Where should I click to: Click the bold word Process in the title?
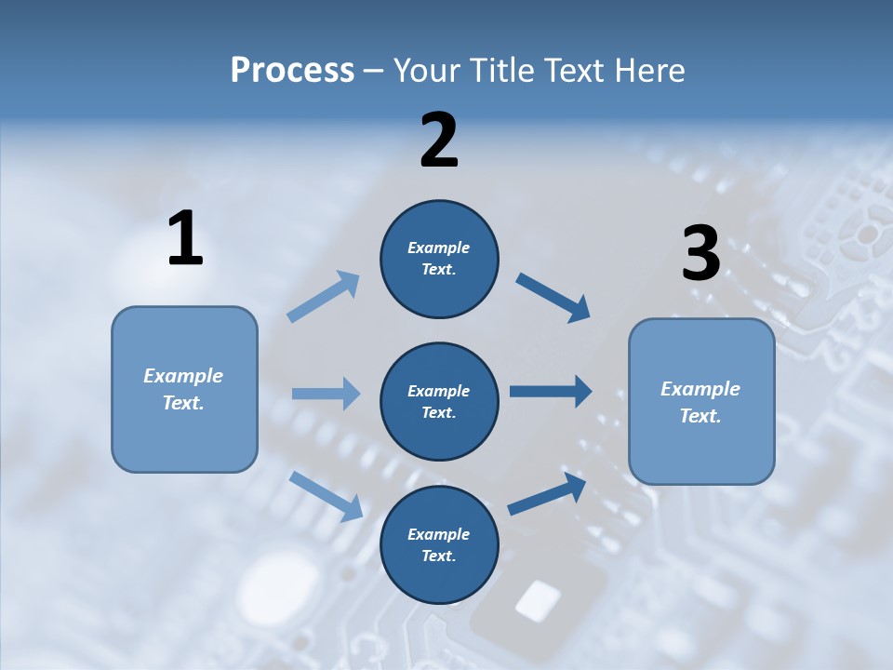[x=292, y=71]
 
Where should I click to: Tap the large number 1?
[x=185, y=238]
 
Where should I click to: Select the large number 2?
[x=439, y=140]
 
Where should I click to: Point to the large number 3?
[x=700, y=253]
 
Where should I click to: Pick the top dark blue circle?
[x=439, y=259]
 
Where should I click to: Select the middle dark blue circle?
[x=439, y=401]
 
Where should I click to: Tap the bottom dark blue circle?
[x=439, y=544]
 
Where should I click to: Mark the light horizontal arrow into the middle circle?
[x=326, y=394]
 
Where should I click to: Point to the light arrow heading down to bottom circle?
[x=326, y=495]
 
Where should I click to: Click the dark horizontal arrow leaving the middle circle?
[x=551, y=392]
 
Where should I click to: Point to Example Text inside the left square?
[x=183, y=389]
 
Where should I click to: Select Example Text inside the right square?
[x=700, y=402]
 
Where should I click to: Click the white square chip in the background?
[x=538, y=601]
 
